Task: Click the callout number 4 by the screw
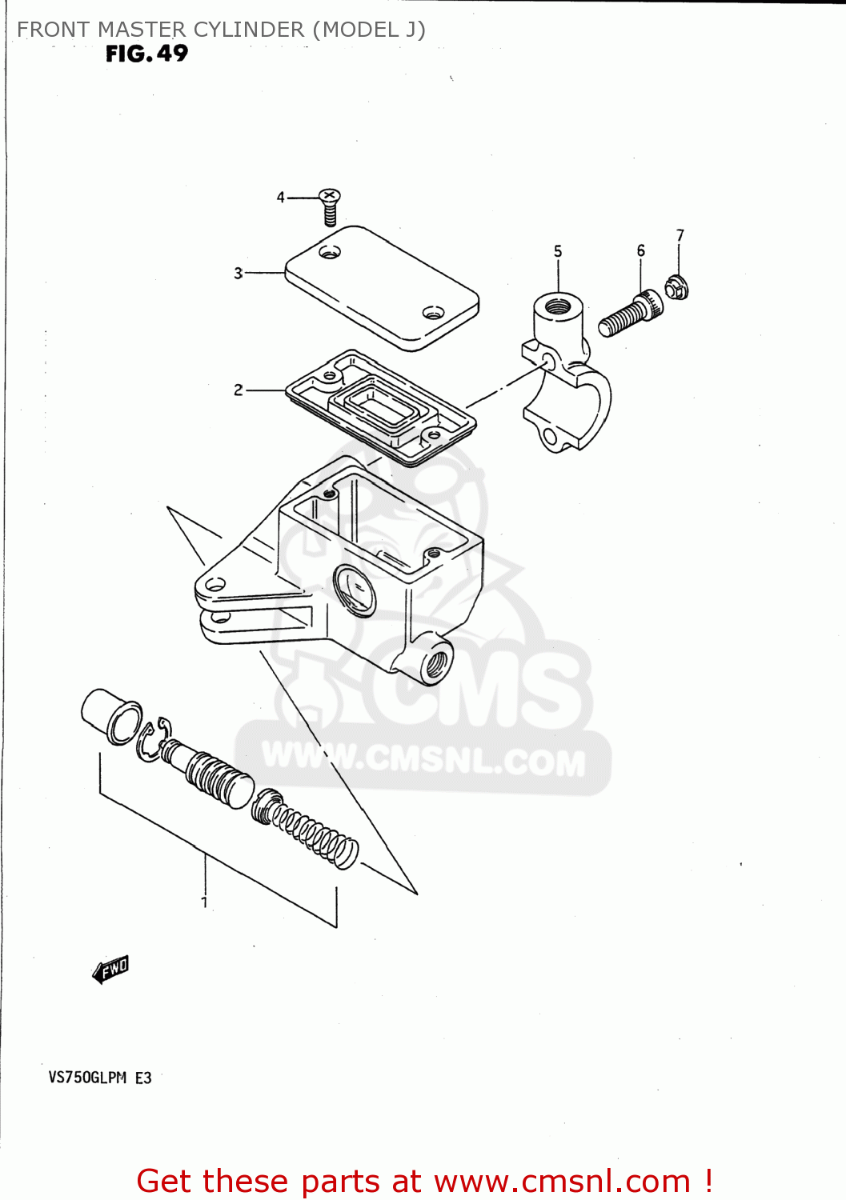click(280, 197)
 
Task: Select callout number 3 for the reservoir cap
click(238, 273)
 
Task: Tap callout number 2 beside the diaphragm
click(238, 390)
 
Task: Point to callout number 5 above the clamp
click(558, 251)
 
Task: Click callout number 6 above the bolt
click(640, 250)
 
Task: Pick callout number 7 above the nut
click(680, 235)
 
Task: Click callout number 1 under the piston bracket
click(205, 902)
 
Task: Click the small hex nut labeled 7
click(676, 286)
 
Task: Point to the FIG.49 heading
click(146, 54)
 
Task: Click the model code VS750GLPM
click(87, 1078)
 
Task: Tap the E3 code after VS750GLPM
click(143, 1078)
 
